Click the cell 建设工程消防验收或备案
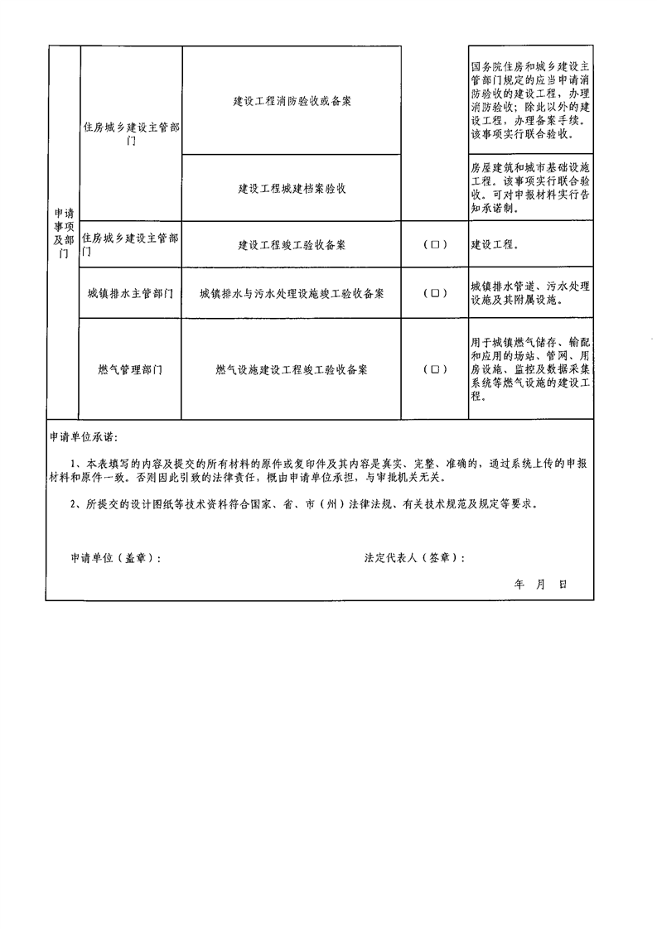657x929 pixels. coord(292,101)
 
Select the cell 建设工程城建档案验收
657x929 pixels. coord(292,189)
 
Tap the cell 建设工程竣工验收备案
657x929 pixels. coord(292,245)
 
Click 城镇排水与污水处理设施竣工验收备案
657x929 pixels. coord(292,293)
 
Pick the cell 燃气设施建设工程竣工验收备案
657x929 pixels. coord(292,370)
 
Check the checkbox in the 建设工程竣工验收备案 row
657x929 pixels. coord(435,245)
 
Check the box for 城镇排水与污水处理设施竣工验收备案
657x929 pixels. coord(435,293)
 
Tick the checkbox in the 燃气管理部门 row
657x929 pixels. coord(435,370)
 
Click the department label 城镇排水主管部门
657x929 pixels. coord(130,293)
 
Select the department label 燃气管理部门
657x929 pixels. coord(130,370)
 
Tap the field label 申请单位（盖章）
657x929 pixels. coord(116,557)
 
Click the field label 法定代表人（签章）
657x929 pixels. coord(414,557)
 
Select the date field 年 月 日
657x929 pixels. coord(540,585)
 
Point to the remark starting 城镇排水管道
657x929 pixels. coord(530,293)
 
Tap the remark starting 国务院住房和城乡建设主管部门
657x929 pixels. coord(530,101)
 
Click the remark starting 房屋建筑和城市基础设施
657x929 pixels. coord(530,189)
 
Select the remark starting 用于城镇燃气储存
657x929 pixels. coord(530,370)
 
